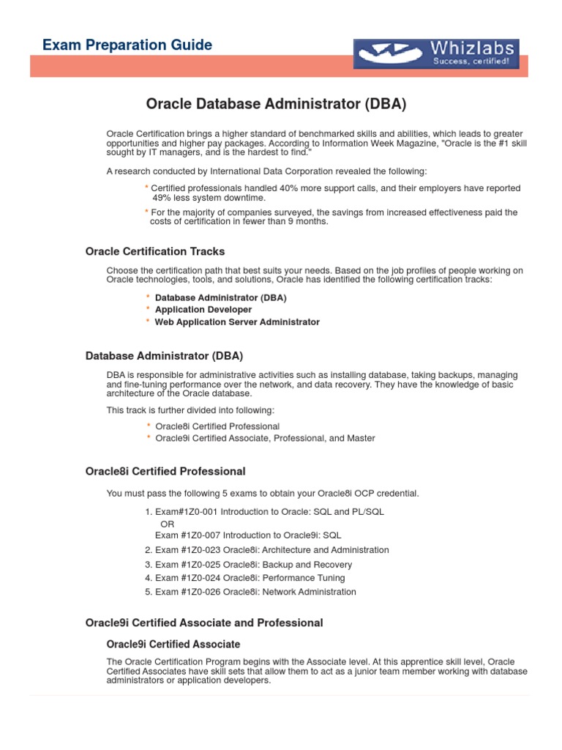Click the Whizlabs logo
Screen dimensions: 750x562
click(436, 54)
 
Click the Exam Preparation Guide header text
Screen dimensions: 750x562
click(127, 45)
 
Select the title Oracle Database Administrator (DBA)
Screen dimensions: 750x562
click(276, 103)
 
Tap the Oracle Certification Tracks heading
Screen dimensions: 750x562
click(155, 251)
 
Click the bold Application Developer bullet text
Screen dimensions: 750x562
click(203, 310)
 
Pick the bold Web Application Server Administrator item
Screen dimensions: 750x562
click(237, 322)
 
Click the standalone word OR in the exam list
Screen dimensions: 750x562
click(168, 524)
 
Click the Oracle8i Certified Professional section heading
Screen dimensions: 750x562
click(165, 471)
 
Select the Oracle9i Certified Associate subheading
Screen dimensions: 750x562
click(173, 645)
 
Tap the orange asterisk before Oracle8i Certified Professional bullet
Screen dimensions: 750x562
click(149, 426)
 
